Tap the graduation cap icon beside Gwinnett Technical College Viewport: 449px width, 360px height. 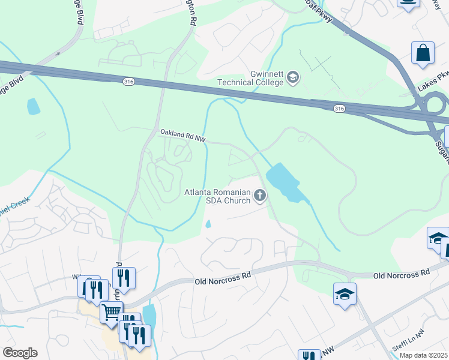[x=292, y=77]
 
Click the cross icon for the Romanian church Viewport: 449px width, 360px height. [x=260, y=195]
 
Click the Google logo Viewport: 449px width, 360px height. [x=20, y=353]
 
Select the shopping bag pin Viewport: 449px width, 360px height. [x=423, y=53]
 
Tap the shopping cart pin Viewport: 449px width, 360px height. [x=111, y=312]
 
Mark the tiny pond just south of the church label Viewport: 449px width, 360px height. [x=208, y=224]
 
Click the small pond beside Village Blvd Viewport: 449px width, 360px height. [x=33, y=106]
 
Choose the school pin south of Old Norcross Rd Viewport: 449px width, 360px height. [x=345, y=294]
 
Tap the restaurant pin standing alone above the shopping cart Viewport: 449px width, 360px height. [x=123, y=278]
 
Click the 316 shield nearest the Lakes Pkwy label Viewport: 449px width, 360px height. [x=339, y=108]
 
